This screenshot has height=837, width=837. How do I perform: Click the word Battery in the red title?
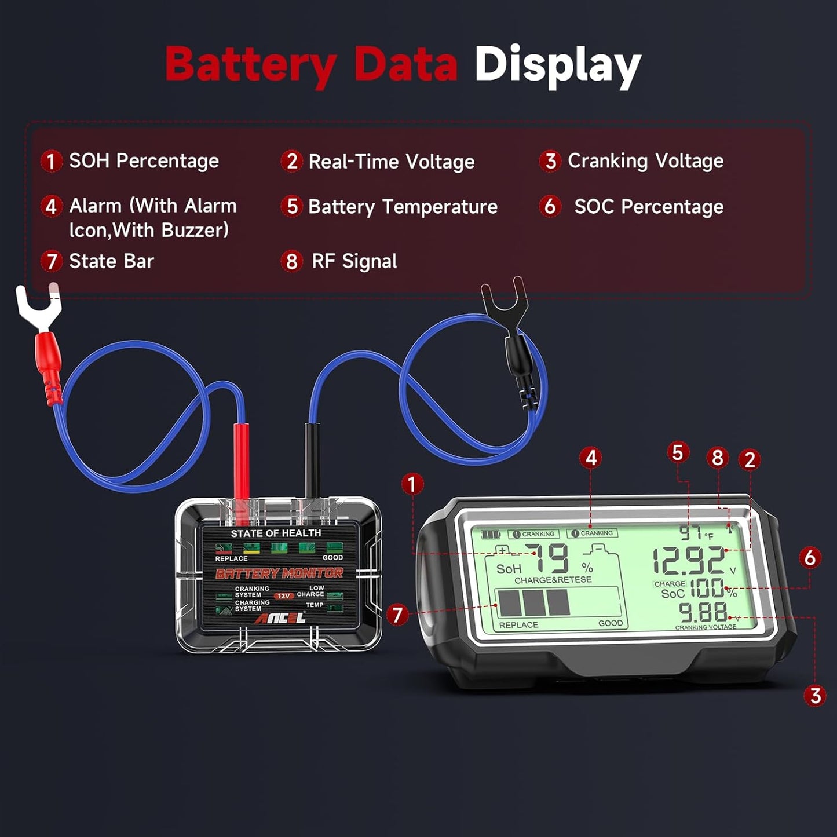pyautogui.click(x=250, y=65)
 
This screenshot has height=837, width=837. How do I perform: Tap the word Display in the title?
pyautogui.click(x=557, y=65)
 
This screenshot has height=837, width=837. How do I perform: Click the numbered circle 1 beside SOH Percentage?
pyautogui.click(x=51, y=161)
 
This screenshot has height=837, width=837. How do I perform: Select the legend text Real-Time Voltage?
pyautogui.click(x=391, y=162)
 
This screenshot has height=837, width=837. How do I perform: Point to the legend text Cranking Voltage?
pyautogui.click(x=645, y=161)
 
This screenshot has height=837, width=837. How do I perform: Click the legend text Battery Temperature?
pyautogui.click(x=403, y=207)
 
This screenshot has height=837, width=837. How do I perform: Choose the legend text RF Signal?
pyautogui.click(x=354, y=261)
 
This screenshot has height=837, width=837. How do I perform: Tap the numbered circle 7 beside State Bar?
pyautogui.click(x=51, y=261)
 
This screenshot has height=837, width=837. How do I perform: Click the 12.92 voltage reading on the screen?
pyautogui.click(x=689, y=561)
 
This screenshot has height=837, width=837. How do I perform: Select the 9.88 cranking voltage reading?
pyautogui.click(x=703, y=613)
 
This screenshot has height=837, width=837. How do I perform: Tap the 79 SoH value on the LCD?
pyautogui.click(x=550, y=560)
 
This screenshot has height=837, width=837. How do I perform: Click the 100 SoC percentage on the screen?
pyautogui.click(x=707, y=589)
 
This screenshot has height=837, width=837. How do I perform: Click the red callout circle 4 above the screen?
pyautogui.click(x=590, y=458)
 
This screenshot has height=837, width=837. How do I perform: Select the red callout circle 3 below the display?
pyautogui.click(x=815, y=695)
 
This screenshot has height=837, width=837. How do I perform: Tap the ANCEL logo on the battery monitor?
pyautogui.click(x=281, y=619)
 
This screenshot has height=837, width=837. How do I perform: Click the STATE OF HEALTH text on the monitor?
pyautogui.click(x=276, y=533)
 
